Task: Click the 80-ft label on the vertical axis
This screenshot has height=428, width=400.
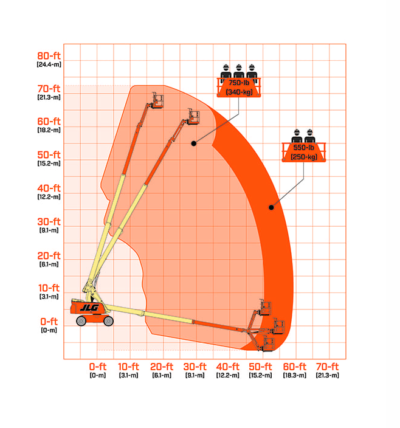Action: tap(49, 56)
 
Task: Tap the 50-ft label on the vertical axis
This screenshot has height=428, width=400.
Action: tap(49, 155)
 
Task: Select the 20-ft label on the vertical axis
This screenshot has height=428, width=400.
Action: tap(49, 256)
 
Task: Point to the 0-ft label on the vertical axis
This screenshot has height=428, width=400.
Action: tap(49, 322)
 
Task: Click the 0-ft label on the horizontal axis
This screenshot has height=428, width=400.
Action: tap(98, 367)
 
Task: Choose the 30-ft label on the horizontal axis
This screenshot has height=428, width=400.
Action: tap(195, 367)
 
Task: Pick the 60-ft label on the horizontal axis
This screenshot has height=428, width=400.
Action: tap(295, 367)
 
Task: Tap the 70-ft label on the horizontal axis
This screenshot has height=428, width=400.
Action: tap(327, 367)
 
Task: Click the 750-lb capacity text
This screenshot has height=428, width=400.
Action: tap(239, 83)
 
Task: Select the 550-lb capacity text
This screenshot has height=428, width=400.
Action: tap(304, 148)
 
